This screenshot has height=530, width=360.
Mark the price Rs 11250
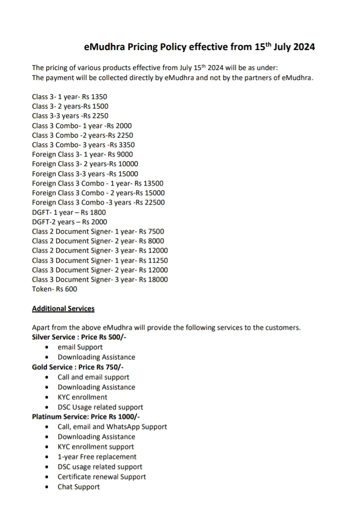[x=153, y=260]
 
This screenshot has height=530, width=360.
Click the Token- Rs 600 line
[x=54, y=289]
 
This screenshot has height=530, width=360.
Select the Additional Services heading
[x=63, y=308]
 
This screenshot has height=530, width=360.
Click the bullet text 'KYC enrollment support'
[x=95, y=446]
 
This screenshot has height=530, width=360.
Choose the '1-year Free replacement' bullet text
[x=97, y=456]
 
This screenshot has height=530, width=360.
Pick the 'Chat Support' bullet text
[x=78, y=486]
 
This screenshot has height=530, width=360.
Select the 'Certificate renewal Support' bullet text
[x=101, y=476]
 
